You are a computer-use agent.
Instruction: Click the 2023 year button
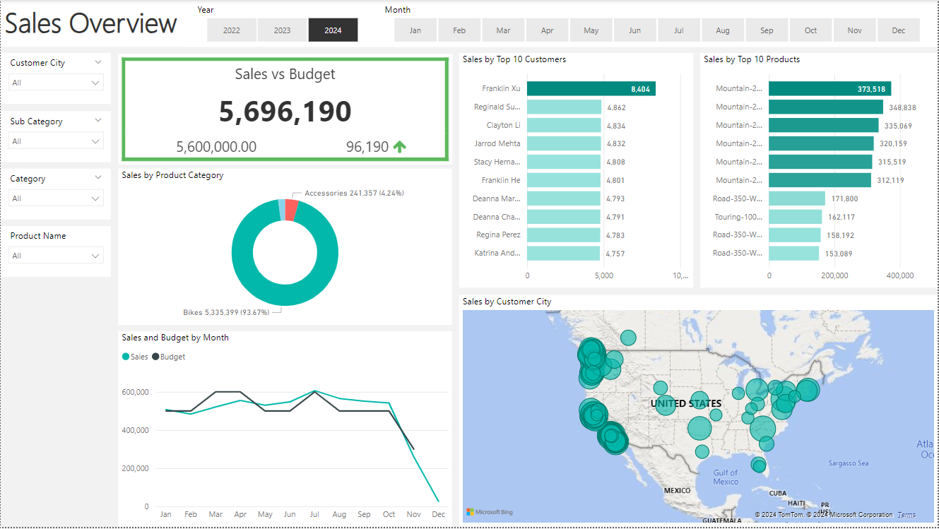click(x=282, y=30)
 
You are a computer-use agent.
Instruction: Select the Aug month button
click(x=723, y=30)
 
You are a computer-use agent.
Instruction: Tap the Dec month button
click(x=898, y=30)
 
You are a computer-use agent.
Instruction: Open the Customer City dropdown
click(x=57, y=83)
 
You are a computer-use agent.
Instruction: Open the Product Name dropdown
click(x=57, y=256)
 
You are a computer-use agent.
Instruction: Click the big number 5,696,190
click(x=285, y=112)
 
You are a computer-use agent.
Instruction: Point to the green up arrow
click(x=400, y=147)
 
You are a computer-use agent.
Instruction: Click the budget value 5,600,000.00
click(x=216, y=147)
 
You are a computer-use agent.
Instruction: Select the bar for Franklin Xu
click(x=591, y=88)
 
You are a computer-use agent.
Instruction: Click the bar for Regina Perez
click(x=563, y=235)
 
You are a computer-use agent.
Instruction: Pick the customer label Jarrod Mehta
click(x=497, y=143)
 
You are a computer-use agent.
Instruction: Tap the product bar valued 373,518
click(x=829, y=88)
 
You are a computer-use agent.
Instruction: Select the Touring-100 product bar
click(x=795, y=217)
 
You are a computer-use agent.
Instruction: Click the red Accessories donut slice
click(x=292, y=210)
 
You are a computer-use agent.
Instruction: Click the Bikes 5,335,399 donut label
click(x=226, y=312)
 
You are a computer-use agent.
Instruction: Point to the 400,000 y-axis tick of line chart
click(x=136, y=430)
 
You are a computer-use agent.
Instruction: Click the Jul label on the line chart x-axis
click(x=314, y=515)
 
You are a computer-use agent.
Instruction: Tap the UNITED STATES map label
click(x=686, y=403)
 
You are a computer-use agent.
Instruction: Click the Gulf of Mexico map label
click(x=725, y=477)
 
